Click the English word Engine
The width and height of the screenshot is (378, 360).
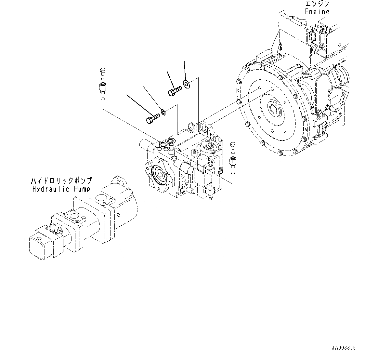click(317, 12)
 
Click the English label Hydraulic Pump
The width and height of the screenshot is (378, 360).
click(61, 189)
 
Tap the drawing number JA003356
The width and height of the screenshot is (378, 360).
click(344, 348)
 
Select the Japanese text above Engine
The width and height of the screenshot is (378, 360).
click(317, 4)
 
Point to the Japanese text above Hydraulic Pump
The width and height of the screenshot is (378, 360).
click(61, 181)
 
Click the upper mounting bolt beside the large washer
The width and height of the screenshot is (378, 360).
click(174, 91)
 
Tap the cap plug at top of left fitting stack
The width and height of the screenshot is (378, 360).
click(102, 71)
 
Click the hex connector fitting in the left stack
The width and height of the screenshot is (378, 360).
click(102, 87)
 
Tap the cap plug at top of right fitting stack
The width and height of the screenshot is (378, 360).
click(232, 144)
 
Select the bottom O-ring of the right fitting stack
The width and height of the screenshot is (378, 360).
click(232, 173)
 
